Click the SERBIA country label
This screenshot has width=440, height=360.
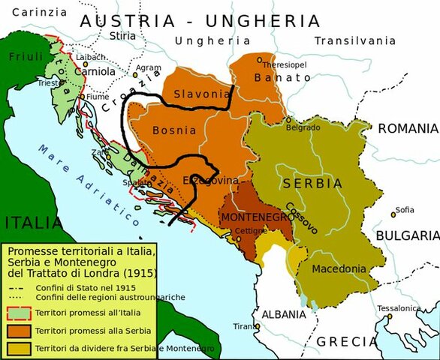click(x=312, y=183)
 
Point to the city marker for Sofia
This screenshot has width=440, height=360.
click(x=393, y=215)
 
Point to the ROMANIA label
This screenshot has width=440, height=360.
click(x=407, y=128)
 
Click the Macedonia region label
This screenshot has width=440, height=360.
click(x=339, y=268)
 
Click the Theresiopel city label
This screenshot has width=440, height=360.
click(x=280, y=65)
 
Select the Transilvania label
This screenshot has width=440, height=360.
click(x=354, y=40)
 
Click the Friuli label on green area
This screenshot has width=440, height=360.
click(x=26, y=56)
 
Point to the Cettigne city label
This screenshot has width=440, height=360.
click(x=249, y=231)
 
